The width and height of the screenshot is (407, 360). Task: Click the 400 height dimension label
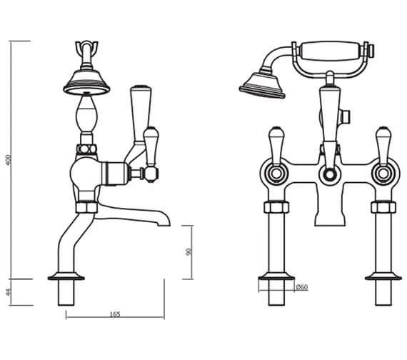[x=9, y=160]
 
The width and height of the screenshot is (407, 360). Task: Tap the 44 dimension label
[x=9, y=292]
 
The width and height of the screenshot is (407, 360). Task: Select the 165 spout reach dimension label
[x=115, y=314]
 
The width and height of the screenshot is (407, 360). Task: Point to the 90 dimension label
[x=189, y=252]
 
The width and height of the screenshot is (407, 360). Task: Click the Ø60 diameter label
[x=302, y=287]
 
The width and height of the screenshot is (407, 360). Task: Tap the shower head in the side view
[x=86, y=82]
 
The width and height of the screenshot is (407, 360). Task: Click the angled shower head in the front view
[x=263, y=86]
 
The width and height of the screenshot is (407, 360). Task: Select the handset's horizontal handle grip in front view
[x=331, y=51]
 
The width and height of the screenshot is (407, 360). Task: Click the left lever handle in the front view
[x=276, y=146]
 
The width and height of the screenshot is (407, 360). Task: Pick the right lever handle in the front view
[x=383, y=146]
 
